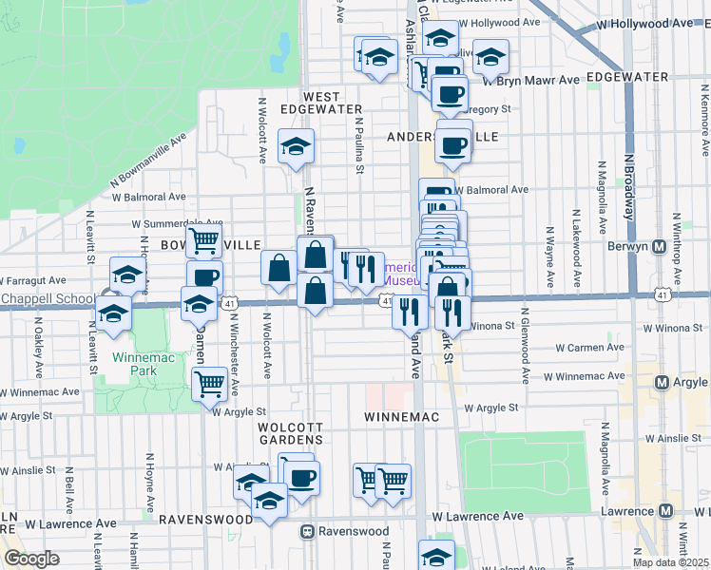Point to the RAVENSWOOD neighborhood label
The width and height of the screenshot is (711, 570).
pyautogui.click(x=203, y=521)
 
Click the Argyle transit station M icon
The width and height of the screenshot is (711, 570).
pyautogui.click(x=664, y=382)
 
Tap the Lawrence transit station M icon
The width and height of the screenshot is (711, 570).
pyautogui.click(x=665, y=511)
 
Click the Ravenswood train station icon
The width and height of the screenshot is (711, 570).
pyautogui.click(x=307, y=531)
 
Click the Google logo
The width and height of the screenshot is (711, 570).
pyautogui.click(x=31, y=559)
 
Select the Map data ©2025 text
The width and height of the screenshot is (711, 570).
pyautogui.click(x=670, y=562)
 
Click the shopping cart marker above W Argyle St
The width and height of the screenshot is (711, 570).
pyautogui.click(x=208, y=384)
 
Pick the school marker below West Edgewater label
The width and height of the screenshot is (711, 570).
pyautogui.click(x=296, y=146)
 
